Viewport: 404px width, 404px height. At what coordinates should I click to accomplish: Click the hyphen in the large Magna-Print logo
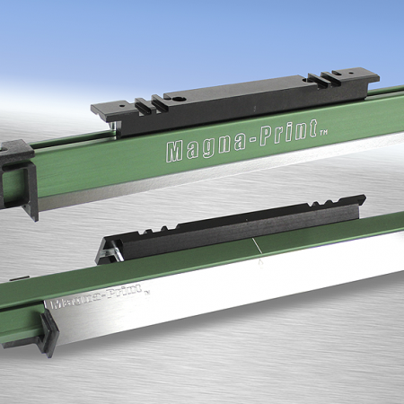tap(235, 145)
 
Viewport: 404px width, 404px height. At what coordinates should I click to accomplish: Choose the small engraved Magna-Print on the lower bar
tap(99, 298)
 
